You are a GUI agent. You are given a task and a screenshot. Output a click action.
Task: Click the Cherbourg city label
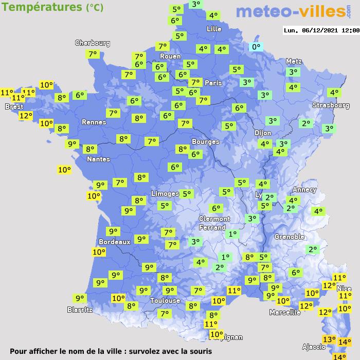[93, 43]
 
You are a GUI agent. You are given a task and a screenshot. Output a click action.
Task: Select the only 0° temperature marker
[256, 47]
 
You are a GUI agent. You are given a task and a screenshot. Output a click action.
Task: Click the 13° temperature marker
[329, 339]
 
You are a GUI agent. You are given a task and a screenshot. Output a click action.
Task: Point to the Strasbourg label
[331, 105]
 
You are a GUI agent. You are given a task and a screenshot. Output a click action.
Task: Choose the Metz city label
[294, 61]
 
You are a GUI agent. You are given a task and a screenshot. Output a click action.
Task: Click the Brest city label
[14, 107]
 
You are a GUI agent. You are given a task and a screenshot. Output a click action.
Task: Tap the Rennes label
[94, 122]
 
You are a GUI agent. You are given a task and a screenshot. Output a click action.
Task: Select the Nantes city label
[98, 159]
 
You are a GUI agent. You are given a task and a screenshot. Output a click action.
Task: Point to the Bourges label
[206, 142]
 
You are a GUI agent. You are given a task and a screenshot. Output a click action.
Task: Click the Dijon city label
[262, 133]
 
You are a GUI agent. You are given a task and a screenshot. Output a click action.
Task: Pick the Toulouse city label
[165, 301]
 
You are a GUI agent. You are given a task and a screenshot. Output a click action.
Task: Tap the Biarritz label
[80, 310]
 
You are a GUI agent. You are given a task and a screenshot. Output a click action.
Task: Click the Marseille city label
[285, 313]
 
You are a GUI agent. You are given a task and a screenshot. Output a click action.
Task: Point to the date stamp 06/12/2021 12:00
[321, 30]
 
